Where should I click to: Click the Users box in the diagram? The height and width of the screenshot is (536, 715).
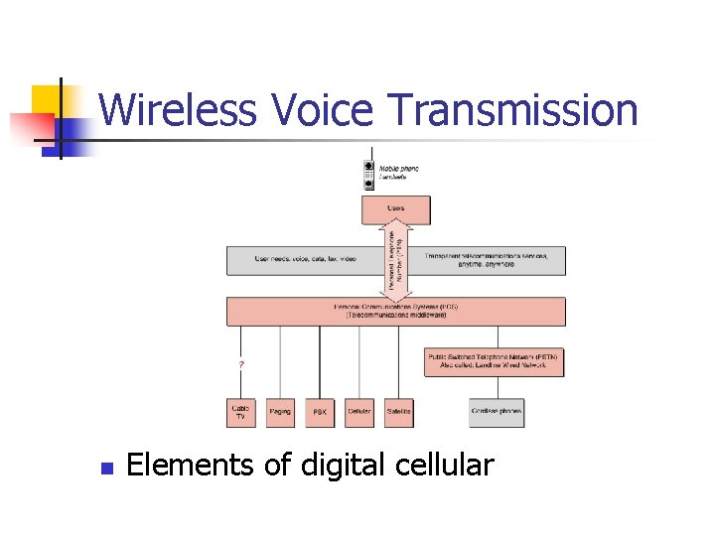pyautogui.click(x=396, y=209)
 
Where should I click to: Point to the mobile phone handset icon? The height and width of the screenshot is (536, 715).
pyautogui.click(x=368, y=175)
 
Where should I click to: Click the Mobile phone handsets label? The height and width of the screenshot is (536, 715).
pyautogui.click(x=399, y=173)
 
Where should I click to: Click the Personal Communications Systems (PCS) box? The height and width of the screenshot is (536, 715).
pyautogui.click(x=396, y=311)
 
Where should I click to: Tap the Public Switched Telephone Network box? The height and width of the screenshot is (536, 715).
pyautogui.click(x=495, y=361)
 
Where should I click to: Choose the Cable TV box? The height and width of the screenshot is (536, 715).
pyautogui.click(x=240, y=412)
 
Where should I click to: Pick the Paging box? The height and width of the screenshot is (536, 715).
pyautogui.click(x=280, y=412)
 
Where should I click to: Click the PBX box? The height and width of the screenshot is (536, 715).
pyautogui.click(x=320, y=412)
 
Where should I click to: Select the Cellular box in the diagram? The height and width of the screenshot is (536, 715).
pyautogui.click(x=359, y=412)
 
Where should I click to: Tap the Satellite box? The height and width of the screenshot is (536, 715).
pyautogui.click(x=399, y=412)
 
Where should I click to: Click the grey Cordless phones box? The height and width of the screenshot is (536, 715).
pyautogui.click(x=497, y=412)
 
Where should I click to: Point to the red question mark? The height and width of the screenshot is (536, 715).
pyautogui.click(x=241, y=364)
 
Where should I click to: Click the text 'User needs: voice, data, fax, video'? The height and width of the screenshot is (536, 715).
pyautogui.click(x=305, y=260)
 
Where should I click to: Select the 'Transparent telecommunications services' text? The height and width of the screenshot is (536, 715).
pyautogui.click(x=487, y=256)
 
